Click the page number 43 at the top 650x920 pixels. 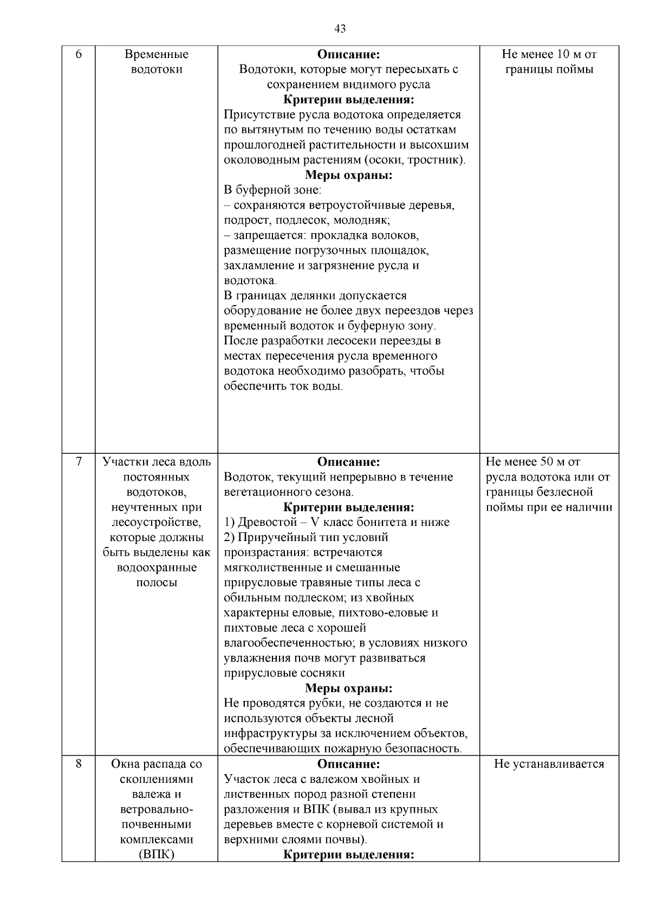(x=340, y=29)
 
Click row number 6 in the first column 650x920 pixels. (x=79, y=54)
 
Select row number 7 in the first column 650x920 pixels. (x=79, y=462)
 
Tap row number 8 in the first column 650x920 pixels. (x=79, y=764)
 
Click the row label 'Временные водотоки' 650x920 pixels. (x=157, y=62)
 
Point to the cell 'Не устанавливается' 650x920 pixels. (x=549, y=764)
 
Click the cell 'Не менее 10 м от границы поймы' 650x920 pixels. (x=549, y=62)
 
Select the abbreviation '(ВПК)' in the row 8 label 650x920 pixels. (x=157, y=855)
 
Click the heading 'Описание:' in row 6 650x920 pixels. (x=348, y=54)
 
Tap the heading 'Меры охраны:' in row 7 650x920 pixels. (x=348, y=689)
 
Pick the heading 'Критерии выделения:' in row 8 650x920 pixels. (x=348, y=855)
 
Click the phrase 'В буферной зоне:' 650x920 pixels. (x=272, y=190)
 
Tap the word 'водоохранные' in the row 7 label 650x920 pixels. (x=157, y=568)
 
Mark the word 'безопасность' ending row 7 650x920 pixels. (x=426, y=749)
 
